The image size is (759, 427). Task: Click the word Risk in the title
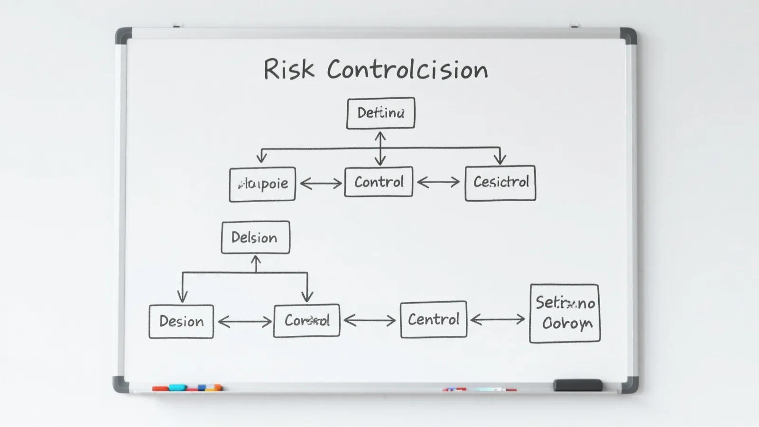point(288,70)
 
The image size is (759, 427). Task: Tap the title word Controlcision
point(407,70)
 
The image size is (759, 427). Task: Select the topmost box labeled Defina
point(380,113)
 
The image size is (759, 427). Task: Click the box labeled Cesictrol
point(500,183)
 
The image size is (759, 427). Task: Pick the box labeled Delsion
point(255,237)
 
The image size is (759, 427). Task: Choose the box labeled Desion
point(181,321)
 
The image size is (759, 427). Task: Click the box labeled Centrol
point(434,319)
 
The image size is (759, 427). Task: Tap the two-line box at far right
point(565,313)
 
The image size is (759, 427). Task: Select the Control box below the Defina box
point(379,182)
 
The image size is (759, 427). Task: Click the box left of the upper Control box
point(262,184)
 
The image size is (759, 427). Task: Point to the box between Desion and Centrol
point(306,321)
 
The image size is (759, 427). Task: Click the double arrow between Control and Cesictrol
point(438,182)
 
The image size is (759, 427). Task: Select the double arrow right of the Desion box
point(244,322)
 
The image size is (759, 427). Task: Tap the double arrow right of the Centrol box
point(498,320)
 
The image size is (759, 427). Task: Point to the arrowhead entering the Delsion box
point(256,260)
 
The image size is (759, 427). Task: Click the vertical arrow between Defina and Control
point(380,148)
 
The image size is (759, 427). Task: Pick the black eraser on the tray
point(578,385)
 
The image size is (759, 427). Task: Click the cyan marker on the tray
point(177,388)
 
